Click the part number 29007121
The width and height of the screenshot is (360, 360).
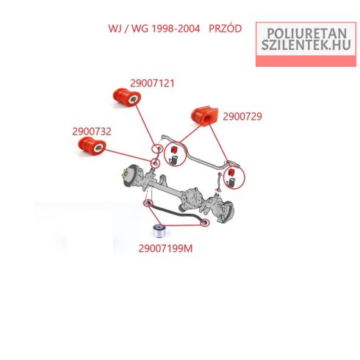[152, 84]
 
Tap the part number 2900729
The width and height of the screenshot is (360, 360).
[242, 117]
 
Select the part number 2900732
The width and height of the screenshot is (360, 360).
[92, 132]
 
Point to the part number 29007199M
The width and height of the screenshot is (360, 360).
[165, 248]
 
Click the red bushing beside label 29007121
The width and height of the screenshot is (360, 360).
[127, 97]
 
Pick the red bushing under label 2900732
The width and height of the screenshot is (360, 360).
[92, 146]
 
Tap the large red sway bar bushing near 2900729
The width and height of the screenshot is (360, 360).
[204, 116]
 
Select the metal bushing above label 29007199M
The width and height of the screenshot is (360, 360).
[159, 231]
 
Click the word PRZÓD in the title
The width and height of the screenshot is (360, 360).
[225, 29]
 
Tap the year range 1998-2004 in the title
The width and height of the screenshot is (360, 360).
[176, 29]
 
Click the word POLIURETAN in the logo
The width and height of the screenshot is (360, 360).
[306, 33]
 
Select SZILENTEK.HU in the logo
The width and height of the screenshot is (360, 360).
[306, 45]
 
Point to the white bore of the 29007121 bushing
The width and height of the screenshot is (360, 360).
[133, 99]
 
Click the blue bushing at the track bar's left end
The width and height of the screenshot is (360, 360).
[148, 203]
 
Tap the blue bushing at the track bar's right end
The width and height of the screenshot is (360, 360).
[204, 223]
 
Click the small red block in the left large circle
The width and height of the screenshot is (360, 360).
[173, 149]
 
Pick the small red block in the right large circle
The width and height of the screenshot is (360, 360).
[231, 172]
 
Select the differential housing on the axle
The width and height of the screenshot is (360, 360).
[192, 197]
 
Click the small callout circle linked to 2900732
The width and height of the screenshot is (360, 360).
[155, 163]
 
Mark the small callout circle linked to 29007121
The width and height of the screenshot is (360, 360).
[157, 148]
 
